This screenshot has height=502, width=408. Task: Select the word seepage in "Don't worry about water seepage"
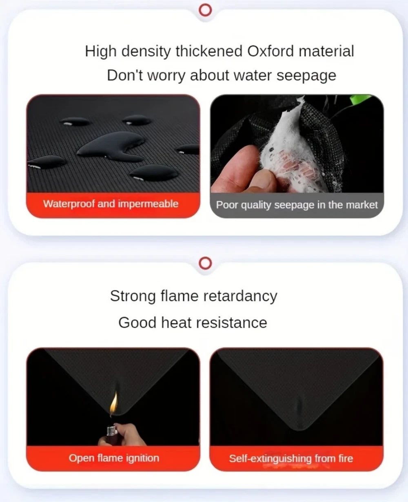point(306,75)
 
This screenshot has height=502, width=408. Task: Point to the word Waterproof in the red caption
point(69,204)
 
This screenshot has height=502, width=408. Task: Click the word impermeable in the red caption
point(148,204)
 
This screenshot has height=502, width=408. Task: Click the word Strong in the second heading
point(133,296)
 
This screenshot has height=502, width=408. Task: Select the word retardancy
point(240,296)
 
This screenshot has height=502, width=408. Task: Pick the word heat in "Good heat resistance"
point(176,323)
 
